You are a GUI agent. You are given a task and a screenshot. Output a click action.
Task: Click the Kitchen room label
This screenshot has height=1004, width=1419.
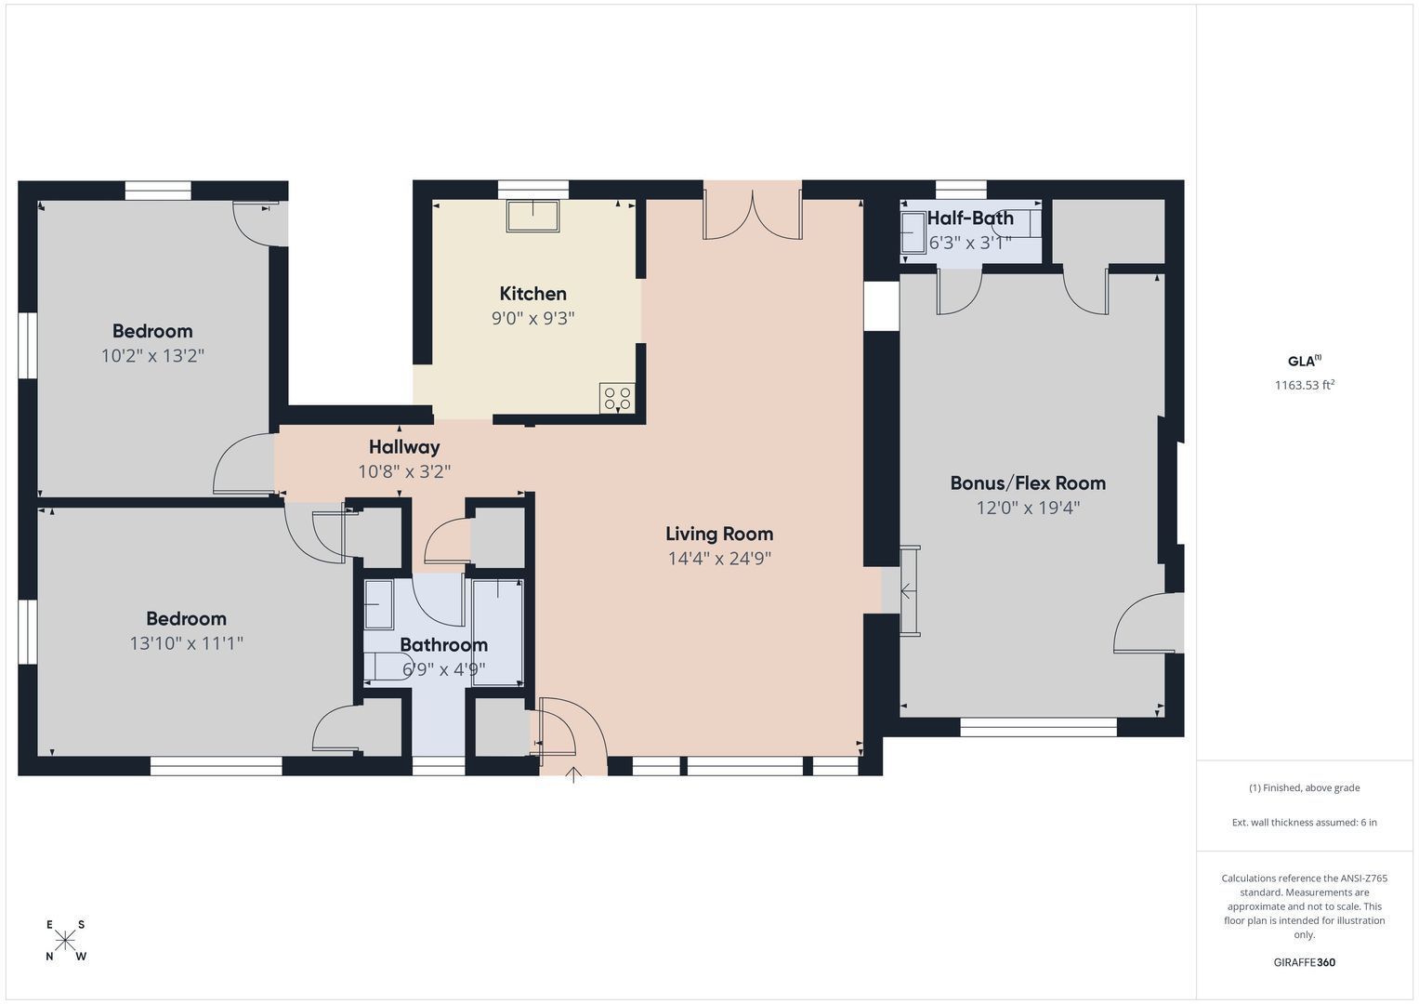[x=532, y=294]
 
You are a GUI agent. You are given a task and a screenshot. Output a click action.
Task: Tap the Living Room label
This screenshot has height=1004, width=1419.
[x=719, y=534]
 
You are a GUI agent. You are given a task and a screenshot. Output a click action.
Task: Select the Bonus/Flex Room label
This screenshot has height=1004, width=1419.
[x=1028, y=483]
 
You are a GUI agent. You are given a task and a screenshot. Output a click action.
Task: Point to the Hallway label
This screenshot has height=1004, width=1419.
[x=404, y=447]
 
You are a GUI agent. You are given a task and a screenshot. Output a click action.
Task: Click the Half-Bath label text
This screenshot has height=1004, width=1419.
[x=970, y=218]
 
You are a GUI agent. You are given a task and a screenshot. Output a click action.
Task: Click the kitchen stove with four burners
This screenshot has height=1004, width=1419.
[x=617, y=398]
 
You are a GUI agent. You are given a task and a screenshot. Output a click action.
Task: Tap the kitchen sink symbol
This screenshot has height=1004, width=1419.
[x=532, y=216]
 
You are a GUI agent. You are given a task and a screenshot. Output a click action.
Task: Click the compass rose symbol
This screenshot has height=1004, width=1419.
[x=65, y=940]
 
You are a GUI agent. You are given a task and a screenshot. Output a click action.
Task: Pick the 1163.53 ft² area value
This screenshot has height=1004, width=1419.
[x=1305, y=385]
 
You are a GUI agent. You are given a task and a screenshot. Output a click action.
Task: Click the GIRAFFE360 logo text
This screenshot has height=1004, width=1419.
[x=1305, y=962]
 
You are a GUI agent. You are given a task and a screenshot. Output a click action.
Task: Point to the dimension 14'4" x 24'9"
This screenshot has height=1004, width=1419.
[x=719, y=559]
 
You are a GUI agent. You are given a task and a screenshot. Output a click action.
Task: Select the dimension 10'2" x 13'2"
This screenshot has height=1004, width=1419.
[x=152, y=355]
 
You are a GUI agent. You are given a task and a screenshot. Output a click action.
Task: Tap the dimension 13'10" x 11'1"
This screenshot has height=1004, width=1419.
[x=186, y=643]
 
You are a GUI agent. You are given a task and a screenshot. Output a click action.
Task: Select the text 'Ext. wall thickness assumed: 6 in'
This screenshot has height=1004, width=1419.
[x=1305, y=822]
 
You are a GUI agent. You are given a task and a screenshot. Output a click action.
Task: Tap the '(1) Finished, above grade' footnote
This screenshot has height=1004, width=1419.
[x=1305, y=788]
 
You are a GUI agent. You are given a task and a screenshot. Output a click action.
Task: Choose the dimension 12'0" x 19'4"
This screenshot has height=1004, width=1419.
[x=1028, y=508]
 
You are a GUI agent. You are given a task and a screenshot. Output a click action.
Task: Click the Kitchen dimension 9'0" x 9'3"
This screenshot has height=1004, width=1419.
[x=532, y=318]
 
